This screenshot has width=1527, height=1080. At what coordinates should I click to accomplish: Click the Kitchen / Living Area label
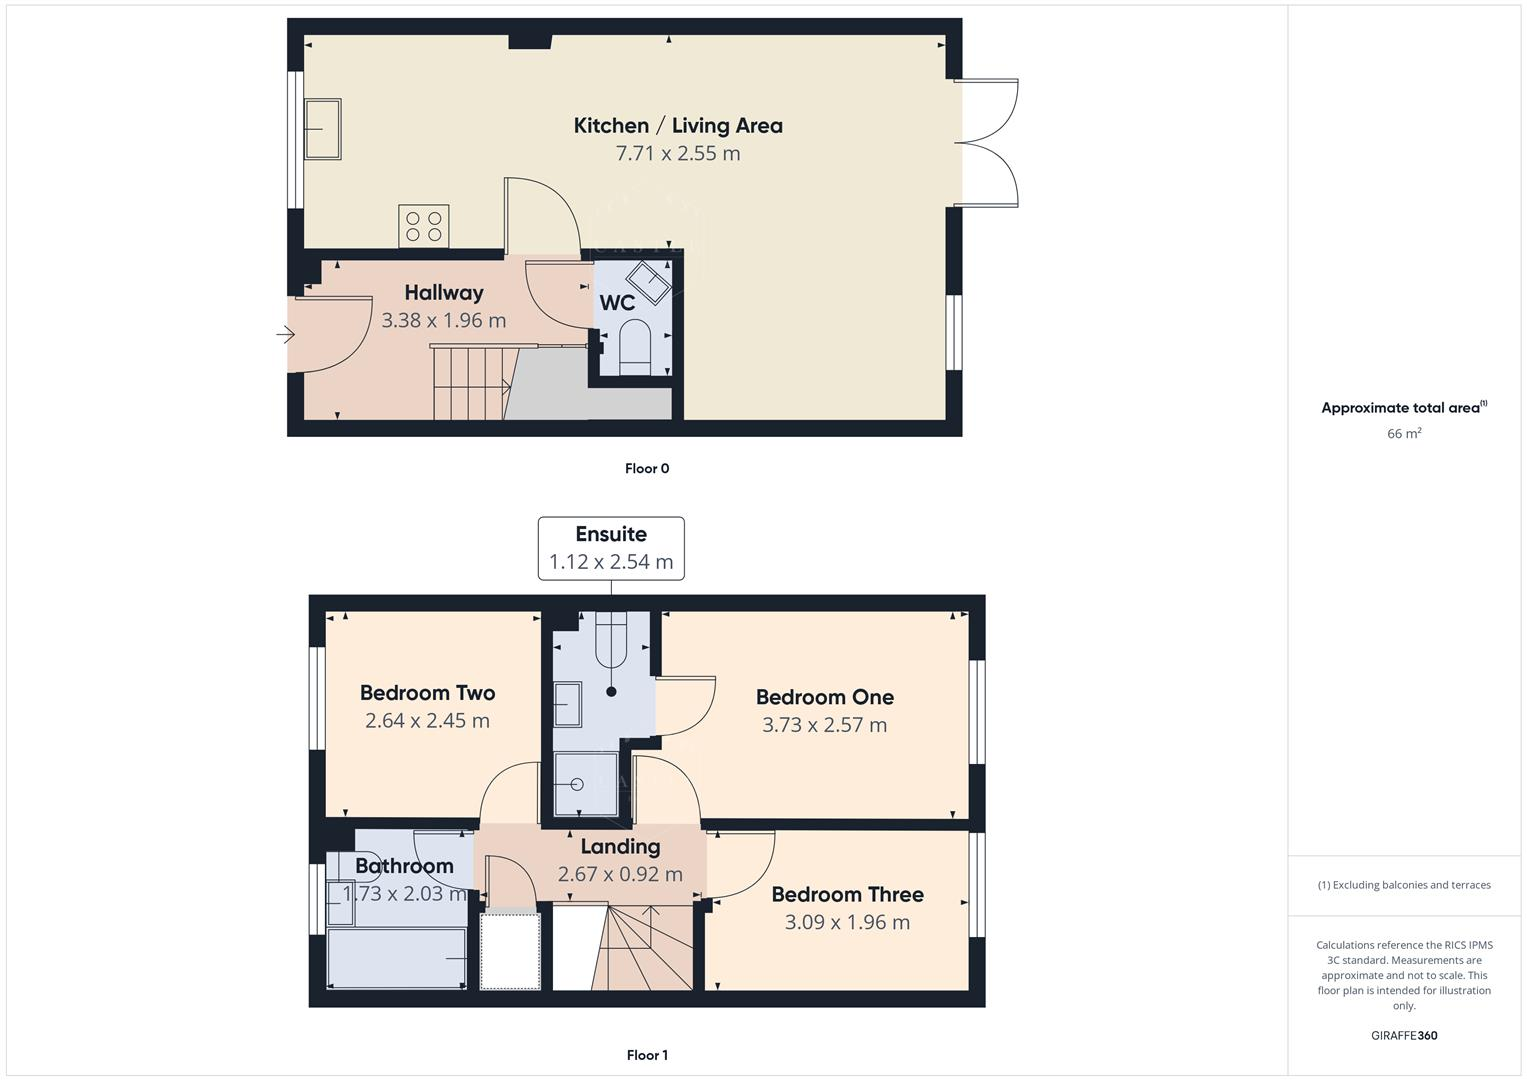[x=677, y=126]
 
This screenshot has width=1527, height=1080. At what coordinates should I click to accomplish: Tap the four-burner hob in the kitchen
[x=424, y=226]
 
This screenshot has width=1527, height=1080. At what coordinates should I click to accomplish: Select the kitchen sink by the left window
[x=322, y=129]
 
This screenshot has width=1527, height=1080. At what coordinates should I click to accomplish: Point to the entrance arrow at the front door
[x=286, y=336]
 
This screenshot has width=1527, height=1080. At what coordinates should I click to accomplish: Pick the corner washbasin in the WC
[x=648, y=282]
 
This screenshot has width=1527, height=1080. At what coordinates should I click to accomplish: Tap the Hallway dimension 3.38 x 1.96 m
[x=443, y=321]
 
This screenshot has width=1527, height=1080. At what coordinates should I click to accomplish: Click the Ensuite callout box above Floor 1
[x=611, y=548]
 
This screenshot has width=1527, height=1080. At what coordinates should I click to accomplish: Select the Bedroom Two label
[x=427, y=693]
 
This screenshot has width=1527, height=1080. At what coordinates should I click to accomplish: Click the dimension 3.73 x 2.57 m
[x=824, y=725]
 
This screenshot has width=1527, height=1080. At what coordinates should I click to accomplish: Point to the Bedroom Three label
[x=847, y=895]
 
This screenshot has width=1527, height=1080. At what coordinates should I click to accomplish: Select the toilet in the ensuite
[x=610, y=641]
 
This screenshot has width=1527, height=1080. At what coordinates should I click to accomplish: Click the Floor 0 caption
[x=647, y=468]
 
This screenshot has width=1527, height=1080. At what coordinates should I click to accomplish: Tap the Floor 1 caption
[x=647, y=1055]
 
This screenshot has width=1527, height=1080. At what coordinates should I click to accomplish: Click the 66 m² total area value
[x=1404, y=434]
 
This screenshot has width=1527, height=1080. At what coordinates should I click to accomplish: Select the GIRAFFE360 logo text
[x=1404, y=1036]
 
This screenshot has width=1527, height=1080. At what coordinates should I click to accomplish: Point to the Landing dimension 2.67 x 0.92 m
[x=620, y=874]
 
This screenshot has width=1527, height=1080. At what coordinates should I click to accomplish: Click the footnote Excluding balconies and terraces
[x=1404, y=885]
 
